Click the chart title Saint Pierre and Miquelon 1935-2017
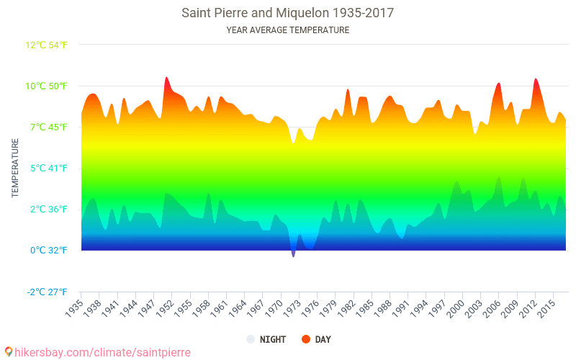287,13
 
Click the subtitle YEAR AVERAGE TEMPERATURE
287,30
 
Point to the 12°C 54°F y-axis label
47,45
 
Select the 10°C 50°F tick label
47,86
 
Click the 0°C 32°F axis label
49,251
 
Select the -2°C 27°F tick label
48,292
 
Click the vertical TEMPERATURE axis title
15,168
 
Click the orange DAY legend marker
305,339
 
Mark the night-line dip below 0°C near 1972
293,254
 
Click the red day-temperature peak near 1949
166,78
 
